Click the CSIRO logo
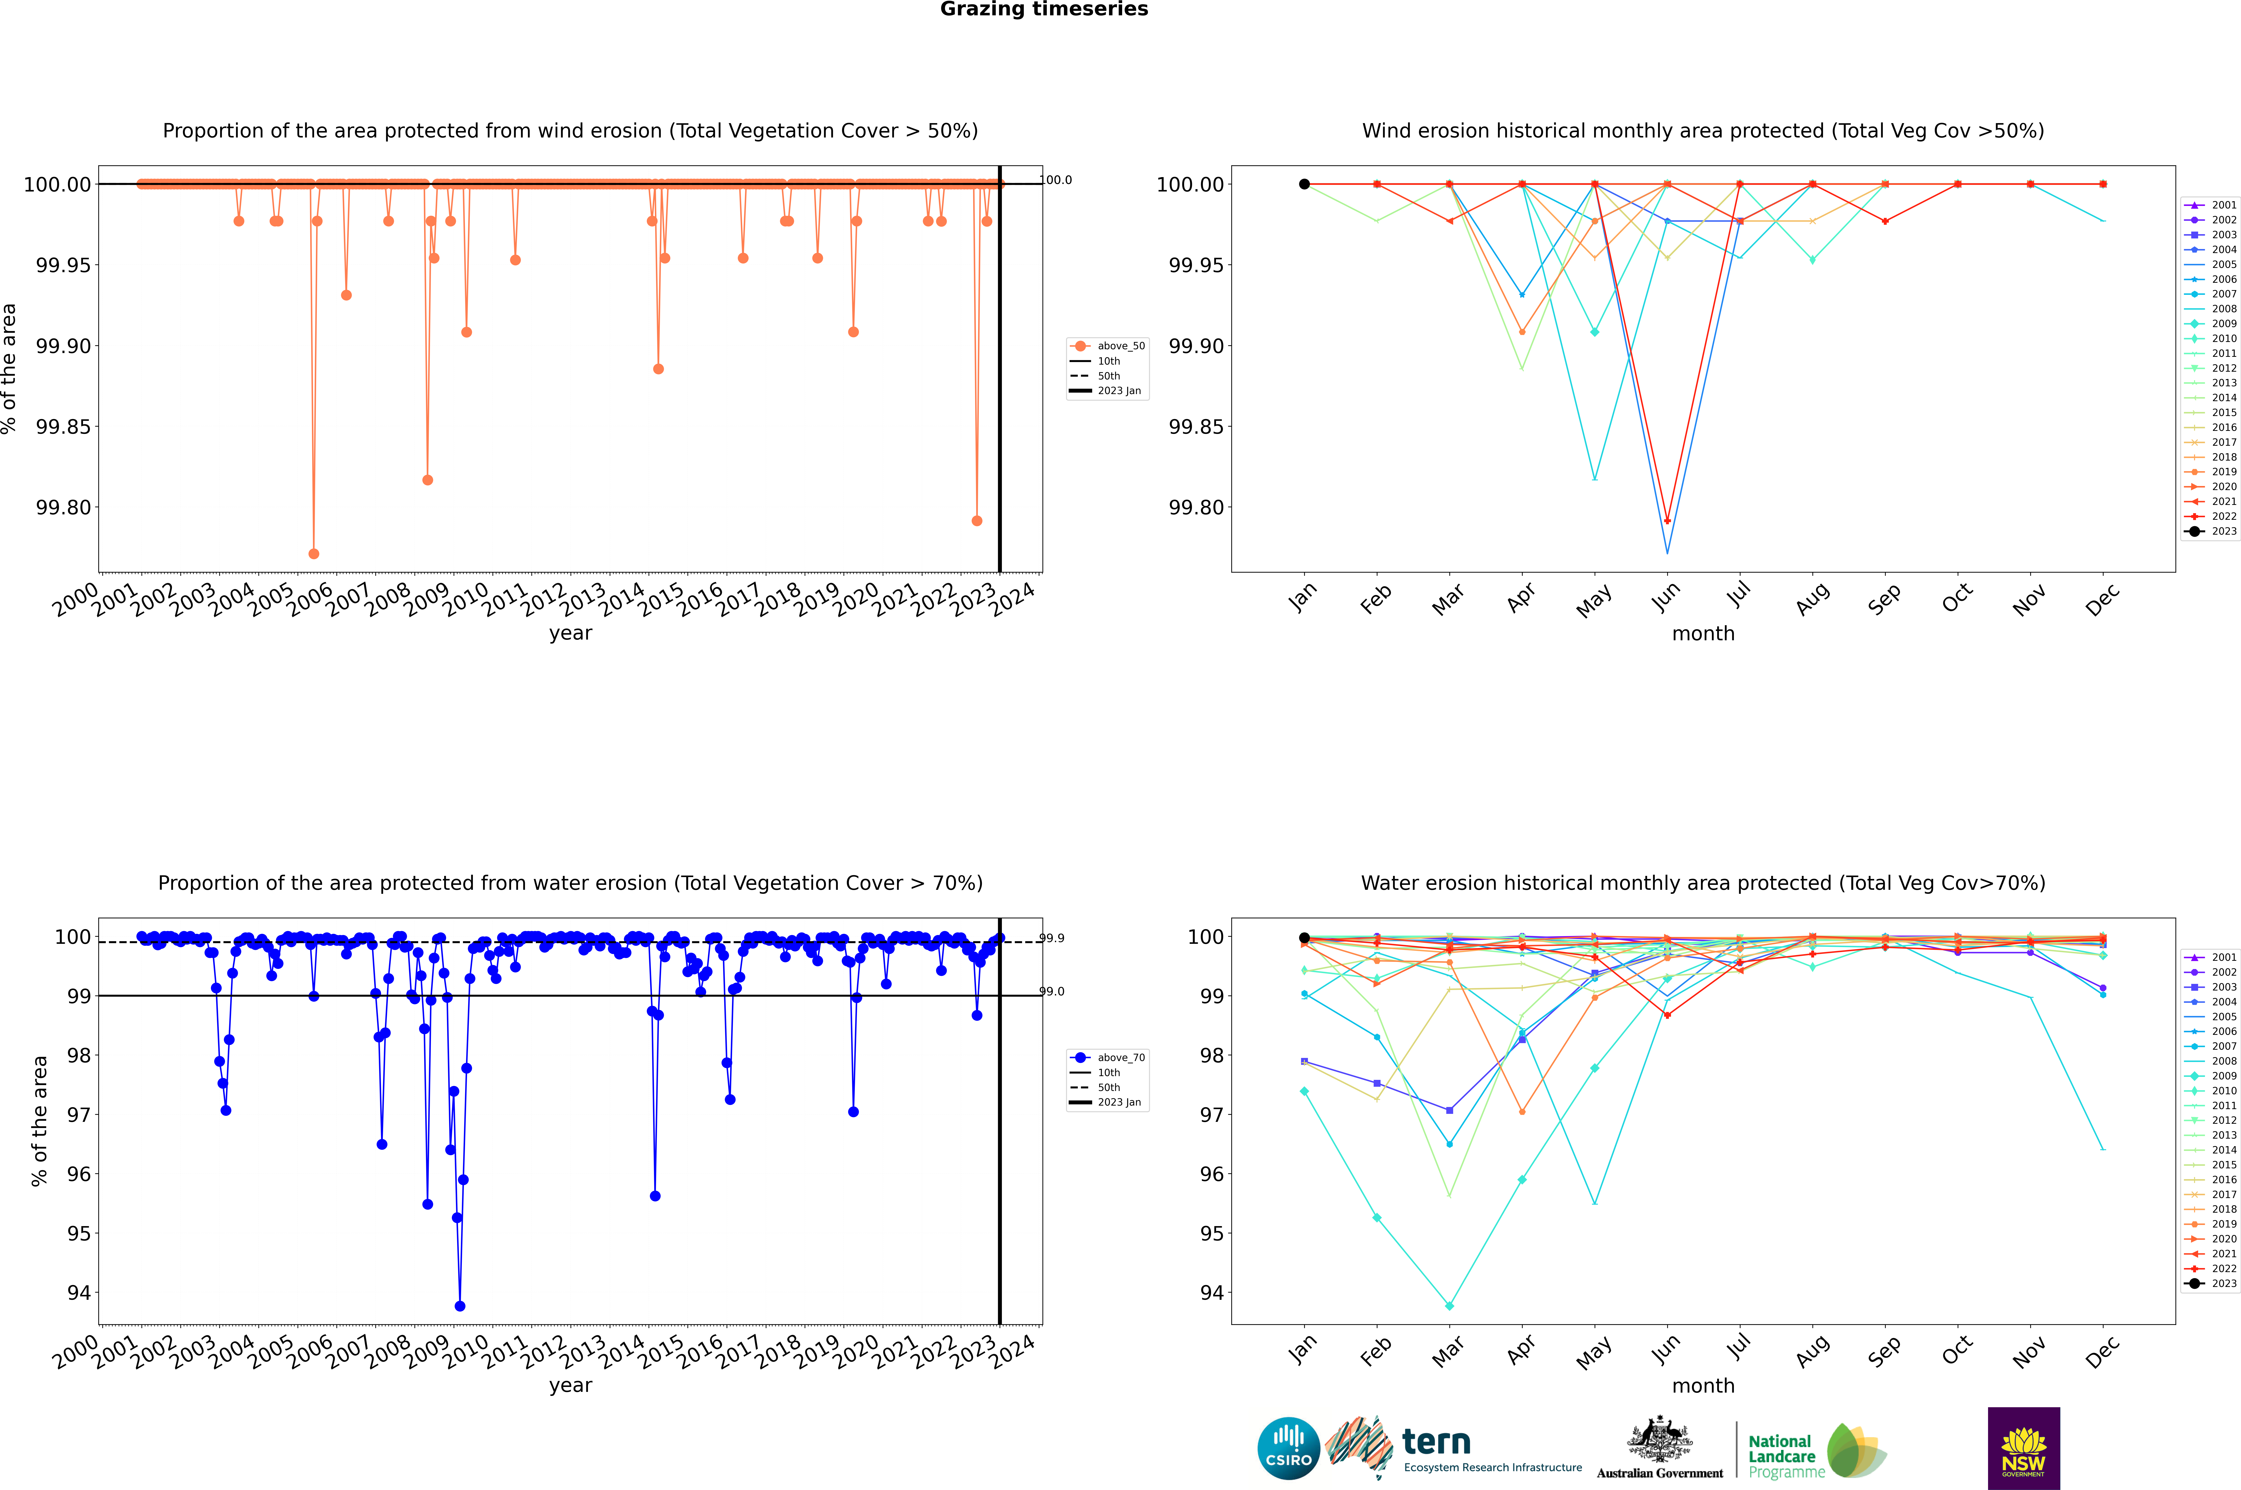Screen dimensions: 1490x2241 pos(1288,1448)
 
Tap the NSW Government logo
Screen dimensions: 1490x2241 pos(2023,1448)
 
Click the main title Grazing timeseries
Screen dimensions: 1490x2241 pos(1044,9)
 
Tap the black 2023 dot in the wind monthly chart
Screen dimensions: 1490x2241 pos(1304,184)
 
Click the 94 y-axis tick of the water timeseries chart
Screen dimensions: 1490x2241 pos(78,1292)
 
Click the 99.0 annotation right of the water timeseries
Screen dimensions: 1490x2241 pos(1052,991)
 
